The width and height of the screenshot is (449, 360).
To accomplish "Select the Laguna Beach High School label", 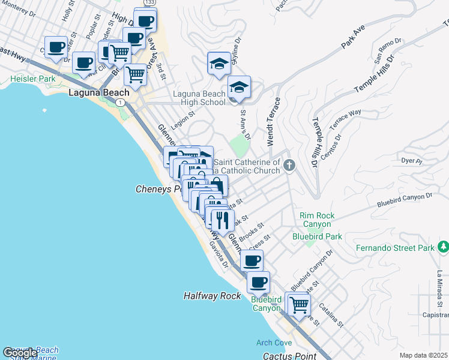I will tap(199, 98).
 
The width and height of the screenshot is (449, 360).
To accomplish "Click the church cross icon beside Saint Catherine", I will tap(290, 165).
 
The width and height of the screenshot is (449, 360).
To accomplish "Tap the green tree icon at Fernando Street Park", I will tap(443, 247).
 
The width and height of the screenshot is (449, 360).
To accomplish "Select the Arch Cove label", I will tap(274, 343).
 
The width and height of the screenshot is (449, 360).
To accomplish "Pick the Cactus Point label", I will tap(289, 356).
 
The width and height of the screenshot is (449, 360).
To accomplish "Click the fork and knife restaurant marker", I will tap(223, 220).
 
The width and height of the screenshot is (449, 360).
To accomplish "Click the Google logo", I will tap(20, 353).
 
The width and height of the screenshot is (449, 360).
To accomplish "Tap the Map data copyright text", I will tap(423, 355).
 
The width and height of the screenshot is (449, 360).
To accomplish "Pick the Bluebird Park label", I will tap(317, 236).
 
